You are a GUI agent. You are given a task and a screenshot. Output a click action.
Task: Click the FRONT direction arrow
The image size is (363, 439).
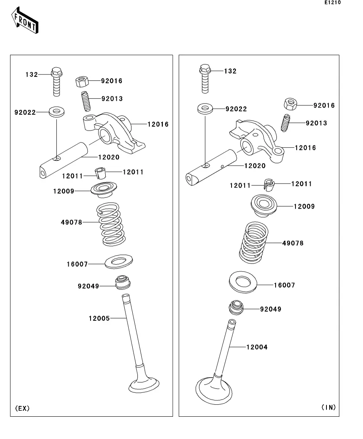(x=25, y=20)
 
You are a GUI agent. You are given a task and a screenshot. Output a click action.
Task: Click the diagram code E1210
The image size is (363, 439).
(x=332, y=2)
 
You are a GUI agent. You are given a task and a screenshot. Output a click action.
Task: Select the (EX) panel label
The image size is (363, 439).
(x=22, y=408)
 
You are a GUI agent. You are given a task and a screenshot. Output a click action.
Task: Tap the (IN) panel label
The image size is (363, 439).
(x=328, y=408)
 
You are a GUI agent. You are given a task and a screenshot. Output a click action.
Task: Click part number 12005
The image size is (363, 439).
(x=99, y=318)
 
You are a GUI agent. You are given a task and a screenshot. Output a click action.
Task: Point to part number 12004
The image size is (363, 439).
(x=257, y=347)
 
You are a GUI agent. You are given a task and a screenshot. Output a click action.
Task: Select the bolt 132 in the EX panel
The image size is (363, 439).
(x=56, y=82)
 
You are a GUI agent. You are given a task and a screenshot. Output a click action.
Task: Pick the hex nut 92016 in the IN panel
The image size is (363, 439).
(x=290, y=104)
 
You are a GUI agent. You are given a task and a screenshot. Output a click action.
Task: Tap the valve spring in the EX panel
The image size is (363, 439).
(x=111, y=224)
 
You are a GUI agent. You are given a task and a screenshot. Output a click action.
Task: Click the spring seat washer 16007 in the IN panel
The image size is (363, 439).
(x=243, y=282)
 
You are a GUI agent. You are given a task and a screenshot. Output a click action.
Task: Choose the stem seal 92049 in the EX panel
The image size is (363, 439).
(x=123, y=283)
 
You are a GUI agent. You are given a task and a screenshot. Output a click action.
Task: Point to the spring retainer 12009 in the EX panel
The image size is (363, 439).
(x=104, y=189)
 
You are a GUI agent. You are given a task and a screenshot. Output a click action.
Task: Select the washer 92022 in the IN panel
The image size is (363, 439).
(x=205, y=109)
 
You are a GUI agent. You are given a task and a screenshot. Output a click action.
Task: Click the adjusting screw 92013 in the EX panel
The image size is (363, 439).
(x=86, y=101)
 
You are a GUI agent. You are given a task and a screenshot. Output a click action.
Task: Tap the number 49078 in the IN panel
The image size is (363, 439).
(x=293, y=243)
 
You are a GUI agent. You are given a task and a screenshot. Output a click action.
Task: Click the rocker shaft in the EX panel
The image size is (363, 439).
(x=64, y=160)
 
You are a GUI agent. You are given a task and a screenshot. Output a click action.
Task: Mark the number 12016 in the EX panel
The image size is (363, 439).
(x=158, y=124)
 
